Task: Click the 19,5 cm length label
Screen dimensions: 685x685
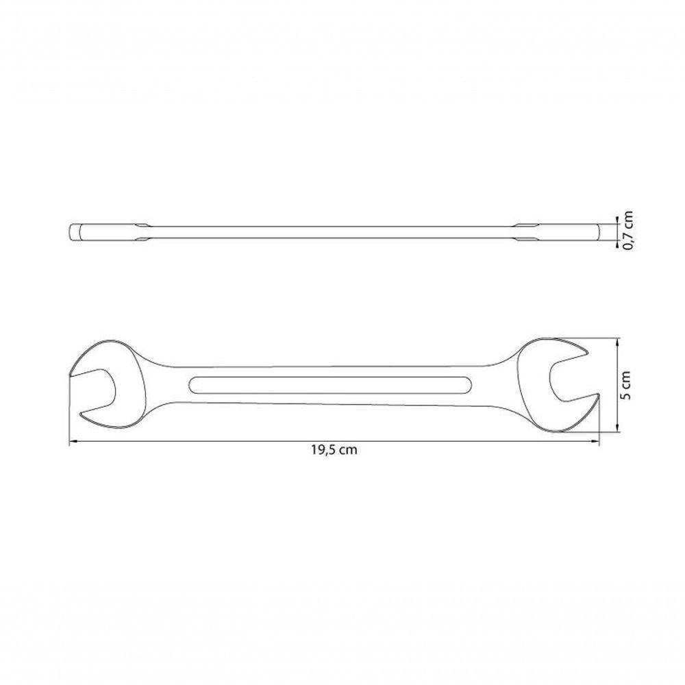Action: coord(334,451)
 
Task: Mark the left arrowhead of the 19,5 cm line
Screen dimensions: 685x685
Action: coord(73,442)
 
